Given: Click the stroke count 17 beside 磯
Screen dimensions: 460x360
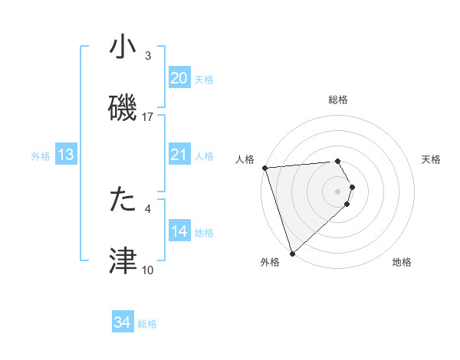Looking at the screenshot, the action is [148, 116].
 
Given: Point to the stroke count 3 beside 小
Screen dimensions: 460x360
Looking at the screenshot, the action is [148, 56].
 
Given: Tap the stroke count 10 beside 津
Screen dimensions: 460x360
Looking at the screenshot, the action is [148, 270].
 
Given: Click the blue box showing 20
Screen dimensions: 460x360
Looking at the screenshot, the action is [179, 78].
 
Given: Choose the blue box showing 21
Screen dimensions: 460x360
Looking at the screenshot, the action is [179, 155].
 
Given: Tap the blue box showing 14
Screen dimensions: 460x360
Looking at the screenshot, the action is [179, 231].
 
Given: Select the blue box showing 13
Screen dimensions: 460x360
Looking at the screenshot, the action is [66, 155].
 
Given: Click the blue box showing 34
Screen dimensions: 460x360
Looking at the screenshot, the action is [123, 322].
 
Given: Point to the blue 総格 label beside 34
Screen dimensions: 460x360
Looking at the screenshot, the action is [147, 324].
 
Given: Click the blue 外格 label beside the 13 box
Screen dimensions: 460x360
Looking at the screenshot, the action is [41, 156].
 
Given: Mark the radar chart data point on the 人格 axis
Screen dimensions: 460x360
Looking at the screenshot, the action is [264, 168].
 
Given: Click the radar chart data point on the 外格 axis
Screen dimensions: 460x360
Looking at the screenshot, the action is [292, 253].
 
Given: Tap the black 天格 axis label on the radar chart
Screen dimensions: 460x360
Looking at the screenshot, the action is [432, 159].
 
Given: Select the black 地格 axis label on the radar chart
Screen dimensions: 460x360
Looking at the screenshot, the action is [402, 262].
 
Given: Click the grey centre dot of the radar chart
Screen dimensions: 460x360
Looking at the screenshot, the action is [338, 190].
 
